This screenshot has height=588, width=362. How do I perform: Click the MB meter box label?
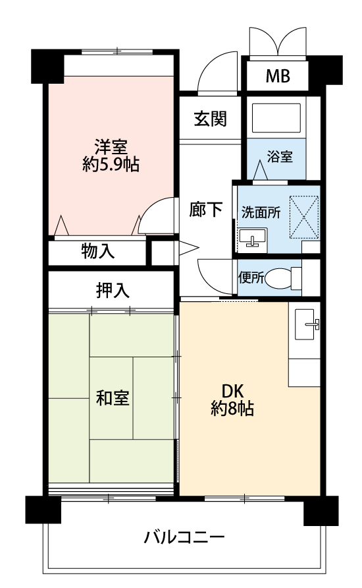(278, 76)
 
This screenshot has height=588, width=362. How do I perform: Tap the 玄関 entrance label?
(210, 119)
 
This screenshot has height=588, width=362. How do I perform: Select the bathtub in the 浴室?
(276, 118)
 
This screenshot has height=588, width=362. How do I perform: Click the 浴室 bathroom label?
(280, 156)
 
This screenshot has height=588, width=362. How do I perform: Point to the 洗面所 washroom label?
(261, 212)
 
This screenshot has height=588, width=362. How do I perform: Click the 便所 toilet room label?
(251, 278)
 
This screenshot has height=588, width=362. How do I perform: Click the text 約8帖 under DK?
(232, 408)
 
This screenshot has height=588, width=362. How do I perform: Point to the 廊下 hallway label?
(205, 209)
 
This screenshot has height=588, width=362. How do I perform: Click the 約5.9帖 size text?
(111, 164)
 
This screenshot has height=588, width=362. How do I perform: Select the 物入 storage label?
(97, 251)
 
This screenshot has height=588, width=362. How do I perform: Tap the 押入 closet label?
(113, 290)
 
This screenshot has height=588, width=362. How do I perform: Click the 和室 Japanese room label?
(113, 397)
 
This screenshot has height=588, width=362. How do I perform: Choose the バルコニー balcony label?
(184, 537)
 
